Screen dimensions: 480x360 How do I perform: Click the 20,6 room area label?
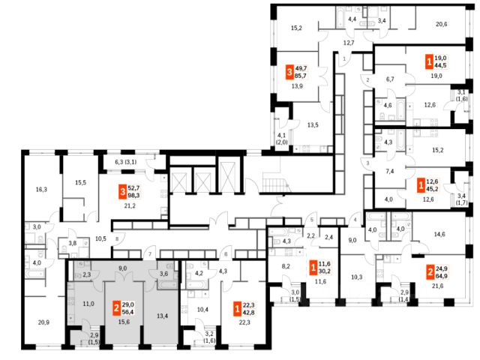pyautogui.click(x=441, y=25)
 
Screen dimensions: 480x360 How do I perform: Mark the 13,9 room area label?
pyautogui.click(x=296, y=88)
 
